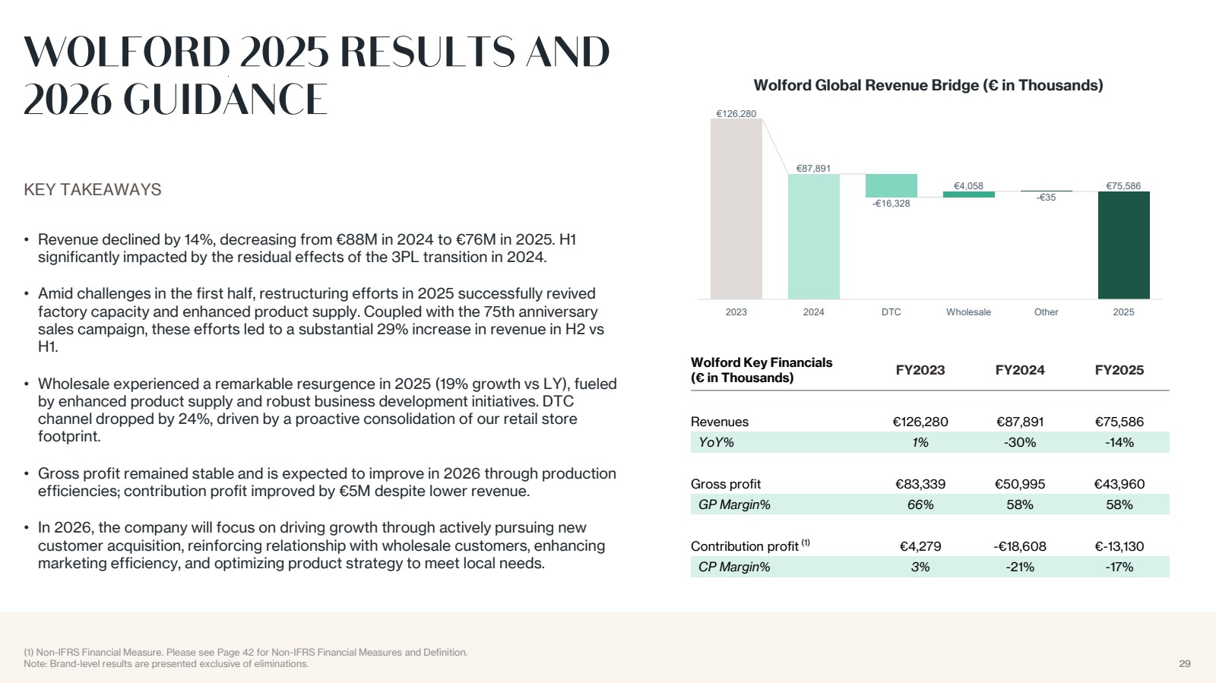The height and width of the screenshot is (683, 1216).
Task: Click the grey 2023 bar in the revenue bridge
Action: click(736, 209)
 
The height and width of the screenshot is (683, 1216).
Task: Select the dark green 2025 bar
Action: click(1124, 245)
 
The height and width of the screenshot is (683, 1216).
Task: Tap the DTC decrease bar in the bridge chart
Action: click(891, 185)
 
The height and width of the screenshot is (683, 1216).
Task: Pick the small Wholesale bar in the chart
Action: click(968, 194)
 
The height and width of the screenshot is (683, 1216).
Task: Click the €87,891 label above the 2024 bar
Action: click(813, 169)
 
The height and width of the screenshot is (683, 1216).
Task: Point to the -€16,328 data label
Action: click(891, 204)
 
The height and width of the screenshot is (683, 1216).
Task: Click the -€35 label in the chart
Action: click(1046, 198)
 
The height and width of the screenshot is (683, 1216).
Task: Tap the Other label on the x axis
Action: click(1046, 312)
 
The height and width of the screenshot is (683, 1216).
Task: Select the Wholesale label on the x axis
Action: click(968, 312)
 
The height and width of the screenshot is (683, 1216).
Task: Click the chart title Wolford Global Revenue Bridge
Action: click(928, 85)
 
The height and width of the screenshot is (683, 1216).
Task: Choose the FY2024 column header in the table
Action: click(1020, 370)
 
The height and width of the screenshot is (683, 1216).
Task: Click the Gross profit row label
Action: click(725, 484)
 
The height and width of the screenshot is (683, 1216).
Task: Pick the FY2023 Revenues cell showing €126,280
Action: click(920, 422)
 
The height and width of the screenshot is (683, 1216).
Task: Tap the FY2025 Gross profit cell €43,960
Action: click(1119, 484)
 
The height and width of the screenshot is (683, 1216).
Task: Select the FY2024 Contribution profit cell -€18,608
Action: click(1020, 546)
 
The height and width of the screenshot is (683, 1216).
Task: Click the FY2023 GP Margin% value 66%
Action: click(920, 504)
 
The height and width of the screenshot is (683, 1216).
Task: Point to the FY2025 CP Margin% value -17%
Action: click(1119, 567)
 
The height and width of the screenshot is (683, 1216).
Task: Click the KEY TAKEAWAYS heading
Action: click(92, 189)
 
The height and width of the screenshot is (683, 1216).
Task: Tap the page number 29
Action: click(1185, 663)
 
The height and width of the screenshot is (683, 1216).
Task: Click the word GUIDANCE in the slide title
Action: click(225, 100)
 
